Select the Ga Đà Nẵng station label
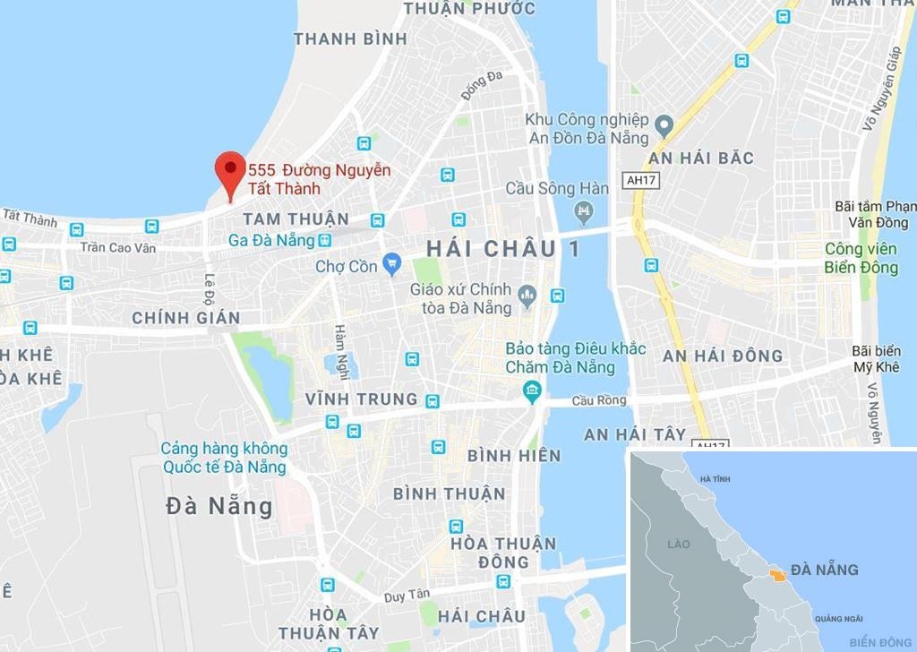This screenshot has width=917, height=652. (x=272, y=240)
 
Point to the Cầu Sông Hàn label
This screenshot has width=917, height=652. (x=557, y=188)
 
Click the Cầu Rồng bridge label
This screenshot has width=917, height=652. (x=601, y=401)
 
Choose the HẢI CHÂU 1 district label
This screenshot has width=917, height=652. (x=502, y=249)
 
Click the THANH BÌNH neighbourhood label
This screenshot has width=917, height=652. (x=350, y=39)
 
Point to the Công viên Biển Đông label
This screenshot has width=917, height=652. (x=861, y=258)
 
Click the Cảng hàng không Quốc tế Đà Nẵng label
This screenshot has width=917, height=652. (x=224, y=458)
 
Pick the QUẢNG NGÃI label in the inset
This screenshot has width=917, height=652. (x=839, y=619)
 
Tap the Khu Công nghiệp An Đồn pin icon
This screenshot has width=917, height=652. (x=664, y=124)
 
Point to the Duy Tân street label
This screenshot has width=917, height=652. (x=407, y=595)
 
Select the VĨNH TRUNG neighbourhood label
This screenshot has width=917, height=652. (x=361, y=399)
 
